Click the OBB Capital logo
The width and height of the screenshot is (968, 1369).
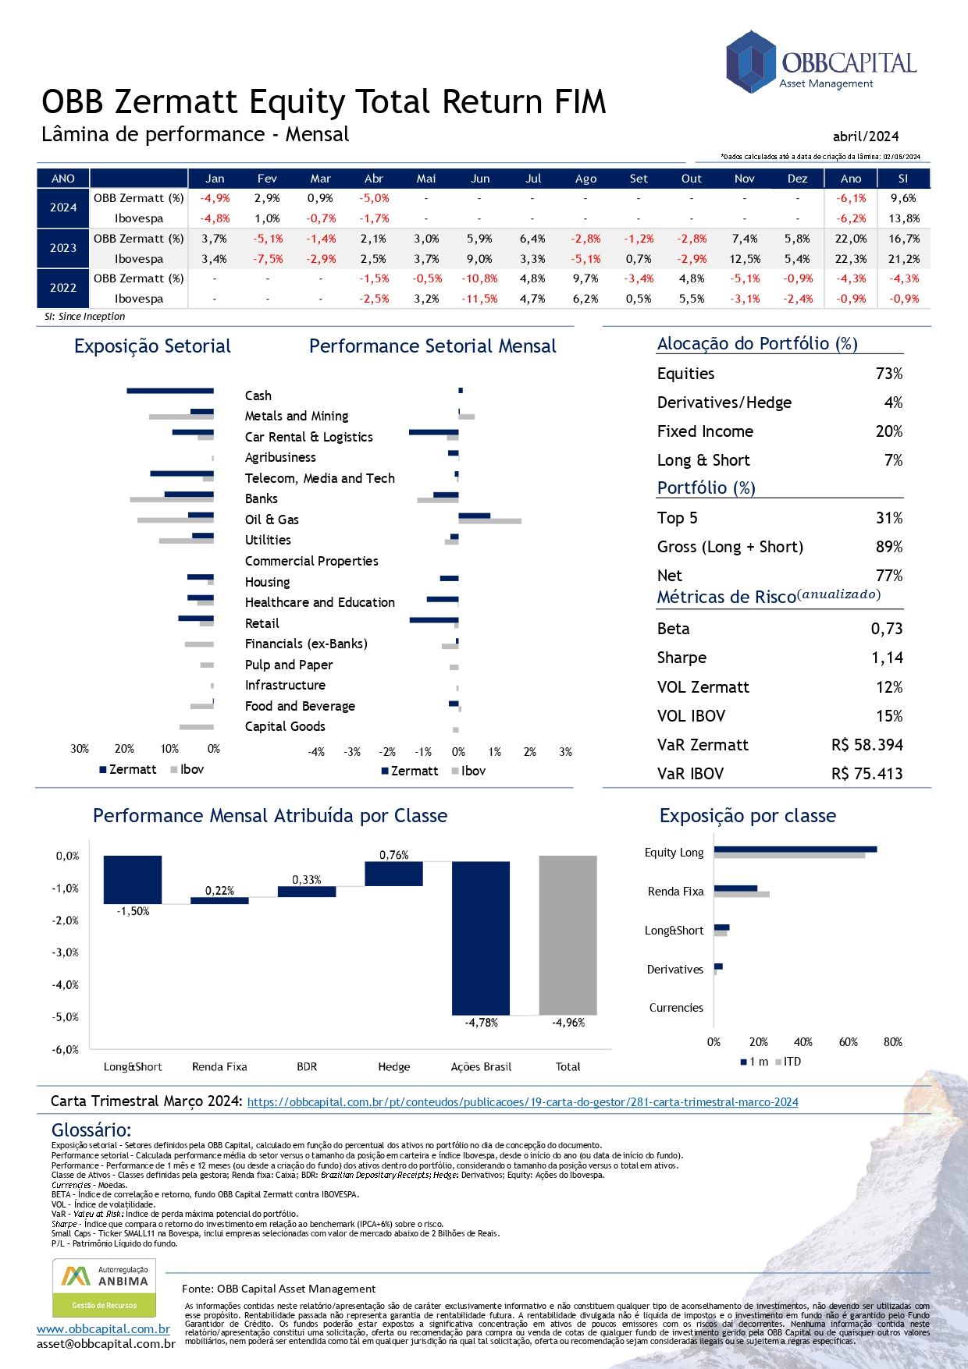(x=820, y=62)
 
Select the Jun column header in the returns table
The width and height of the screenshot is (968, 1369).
(x=480, y=179)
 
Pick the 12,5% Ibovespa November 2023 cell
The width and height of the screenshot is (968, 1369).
(x=744, y=259)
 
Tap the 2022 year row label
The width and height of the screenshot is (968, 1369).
(x=63, y=288)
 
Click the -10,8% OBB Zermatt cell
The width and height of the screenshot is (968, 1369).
(x=479, y=278)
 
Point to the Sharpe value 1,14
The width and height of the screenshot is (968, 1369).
(x=887, y=658)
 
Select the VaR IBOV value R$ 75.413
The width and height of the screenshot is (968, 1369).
(x=867, y=774)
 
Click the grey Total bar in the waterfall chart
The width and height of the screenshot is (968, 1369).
(x=568, y=935)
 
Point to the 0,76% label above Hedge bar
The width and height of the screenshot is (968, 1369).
(x=393, y=855)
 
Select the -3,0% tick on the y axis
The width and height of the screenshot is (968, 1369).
(x=66, y=952)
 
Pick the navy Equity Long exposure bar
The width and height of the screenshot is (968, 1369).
(x=795, y=849)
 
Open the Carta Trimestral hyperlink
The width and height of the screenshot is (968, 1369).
(x=522, y=1102)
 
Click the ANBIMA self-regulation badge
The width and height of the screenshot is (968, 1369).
(x=105, y=1289)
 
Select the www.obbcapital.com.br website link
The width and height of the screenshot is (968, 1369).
(x=103, y=1329)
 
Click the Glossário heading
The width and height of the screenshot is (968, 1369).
(x=91, y=1130)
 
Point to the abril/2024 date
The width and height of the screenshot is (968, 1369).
(x=866, y=136)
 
